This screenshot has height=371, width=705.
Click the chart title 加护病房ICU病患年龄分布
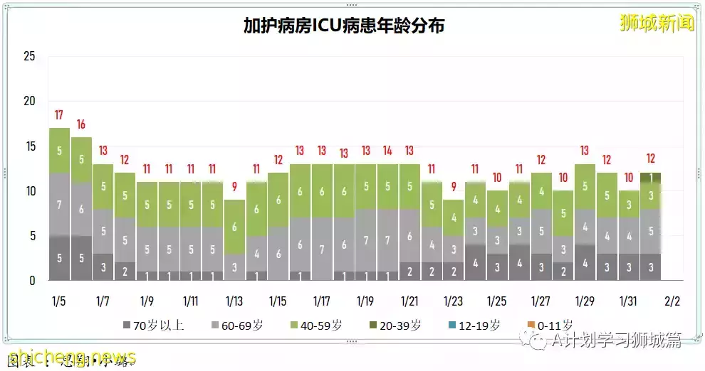tap(344, 26)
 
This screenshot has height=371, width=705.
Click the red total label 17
tap(58, 115)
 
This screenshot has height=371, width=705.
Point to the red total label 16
tap(80, 124)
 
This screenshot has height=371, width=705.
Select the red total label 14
tap(387, 151)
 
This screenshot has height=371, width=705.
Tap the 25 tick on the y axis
tap(29, 57)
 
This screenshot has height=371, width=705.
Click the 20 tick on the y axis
tap(29, 102)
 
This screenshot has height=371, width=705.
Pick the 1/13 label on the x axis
tap(234, 301)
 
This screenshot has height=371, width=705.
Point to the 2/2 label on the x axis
tap(672, 301)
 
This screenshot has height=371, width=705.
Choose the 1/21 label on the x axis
tap(409, 301)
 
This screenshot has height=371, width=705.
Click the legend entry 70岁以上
tap(152, 326)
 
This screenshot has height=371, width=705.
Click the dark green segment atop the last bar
tap(650, 177)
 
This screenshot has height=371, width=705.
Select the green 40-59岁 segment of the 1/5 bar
tap(59, 151)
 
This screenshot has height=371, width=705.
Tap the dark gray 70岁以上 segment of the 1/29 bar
tap(585, 263)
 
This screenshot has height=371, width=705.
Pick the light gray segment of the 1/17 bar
tap(322, 249)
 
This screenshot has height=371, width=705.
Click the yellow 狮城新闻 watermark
tap(656, 23)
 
